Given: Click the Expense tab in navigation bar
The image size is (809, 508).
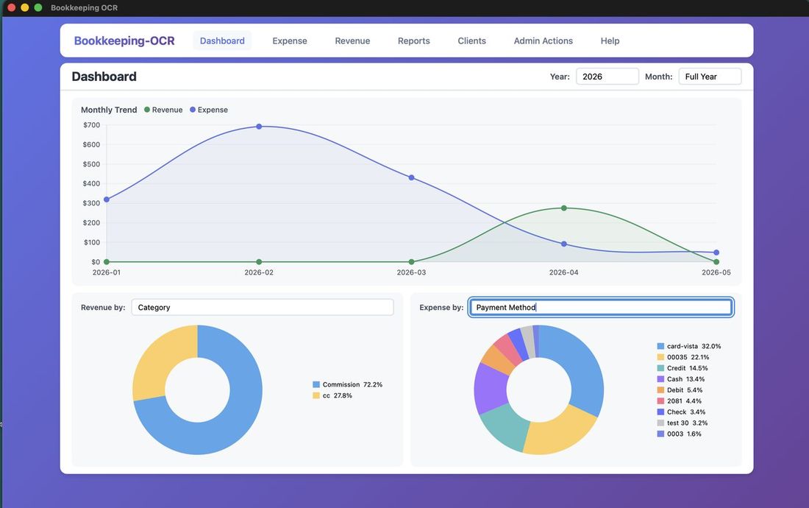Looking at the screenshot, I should [x=290, y=41].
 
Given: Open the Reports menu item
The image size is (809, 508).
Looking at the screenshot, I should [x=413, y=41].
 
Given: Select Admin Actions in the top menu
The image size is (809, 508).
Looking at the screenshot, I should [x=543, y=41].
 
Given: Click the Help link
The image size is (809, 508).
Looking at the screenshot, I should [x=610, y=41].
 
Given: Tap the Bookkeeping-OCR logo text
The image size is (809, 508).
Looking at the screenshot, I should [x=124, y=41].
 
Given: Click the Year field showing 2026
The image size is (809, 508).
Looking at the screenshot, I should [x=607, y=77].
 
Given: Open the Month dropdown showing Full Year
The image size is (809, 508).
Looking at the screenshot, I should [x=710, y=77].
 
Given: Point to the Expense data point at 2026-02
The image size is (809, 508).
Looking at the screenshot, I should [x=259, y=127].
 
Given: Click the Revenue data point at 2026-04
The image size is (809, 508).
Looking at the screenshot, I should [x=564, y=208].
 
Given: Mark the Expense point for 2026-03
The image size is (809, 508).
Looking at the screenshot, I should [x=411, y=177].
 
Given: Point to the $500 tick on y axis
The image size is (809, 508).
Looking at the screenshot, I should [x=91, y=164].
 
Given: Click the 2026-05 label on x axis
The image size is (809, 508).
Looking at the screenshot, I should [x=716, y=272].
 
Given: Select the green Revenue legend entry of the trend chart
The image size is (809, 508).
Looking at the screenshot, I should [x=163, y=110].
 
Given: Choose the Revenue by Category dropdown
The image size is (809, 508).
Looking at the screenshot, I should [x=263, y=307].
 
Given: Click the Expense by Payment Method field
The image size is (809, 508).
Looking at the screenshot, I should [x=601, y=307].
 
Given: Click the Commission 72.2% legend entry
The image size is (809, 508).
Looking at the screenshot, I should [x=347, y=384].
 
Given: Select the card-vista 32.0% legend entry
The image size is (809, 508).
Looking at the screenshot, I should [x=689, y=346].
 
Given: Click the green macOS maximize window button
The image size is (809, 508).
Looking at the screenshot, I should [x=38, y=7].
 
